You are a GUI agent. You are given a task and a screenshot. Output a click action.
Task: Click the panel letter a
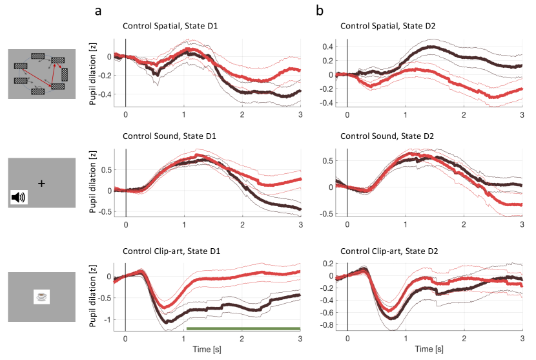(98, 10)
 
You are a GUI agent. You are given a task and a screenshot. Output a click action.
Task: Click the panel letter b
(320, 10)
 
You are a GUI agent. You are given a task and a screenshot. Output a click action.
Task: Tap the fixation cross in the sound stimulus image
(42, 184)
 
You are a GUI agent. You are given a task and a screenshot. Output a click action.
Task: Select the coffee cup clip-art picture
(42, 297)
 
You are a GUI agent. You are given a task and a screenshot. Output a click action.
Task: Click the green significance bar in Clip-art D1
(243, 328)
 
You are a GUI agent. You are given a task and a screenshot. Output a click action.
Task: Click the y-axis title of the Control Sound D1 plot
(91, 183)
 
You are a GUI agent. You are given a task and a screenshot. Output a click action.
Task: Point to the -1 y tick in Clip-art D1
(107, 319)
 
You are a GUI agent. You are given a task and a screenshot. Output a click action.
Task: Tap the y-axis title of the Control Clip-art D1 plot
(91, 298)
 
